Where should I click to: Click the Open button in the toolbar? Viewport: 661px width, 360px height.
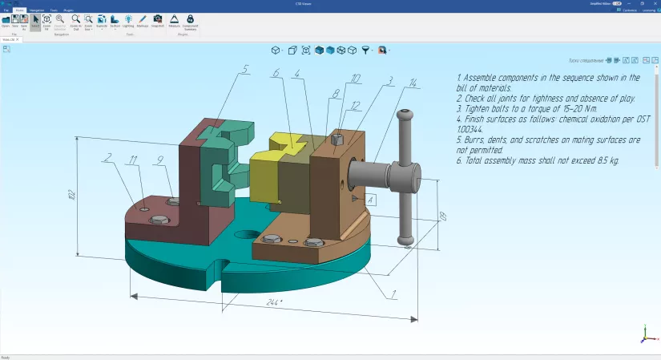tap(5, 20)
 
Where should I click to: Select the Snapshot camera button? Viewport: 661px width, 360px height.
tap(157, 20)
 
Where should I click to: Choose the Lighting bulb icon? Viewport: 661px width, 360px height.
tap(128, 20)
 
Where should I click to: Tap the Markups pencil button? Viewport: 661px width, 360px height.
tap(142, 20)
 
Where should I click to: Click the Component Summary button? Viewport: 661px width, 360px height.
tap(190, 20)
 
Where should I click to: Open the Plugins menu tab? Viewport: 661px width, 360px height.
tap(69, 10)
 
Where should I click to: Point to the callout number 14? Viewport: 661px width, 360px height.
tap(412, 83)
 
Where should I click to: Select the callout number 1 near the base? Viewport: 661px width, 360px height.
tap(393, 293)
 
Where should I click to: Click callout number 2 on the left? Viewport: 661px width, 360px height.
tap(107, 157)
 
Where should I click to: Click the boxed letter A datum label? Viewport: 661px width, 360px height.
tap(370, 198)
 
